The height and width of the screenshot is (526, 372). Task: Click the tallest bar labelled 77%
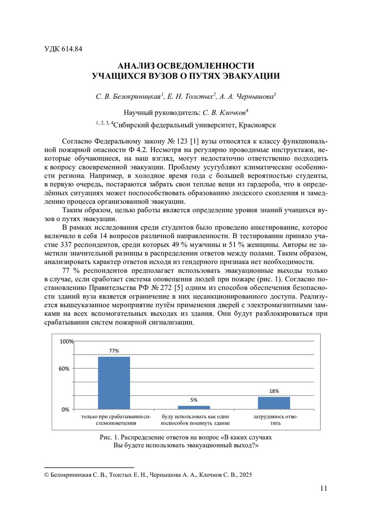pos(114,383)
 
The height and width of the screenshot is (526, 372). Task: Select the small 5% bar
pos(194,407)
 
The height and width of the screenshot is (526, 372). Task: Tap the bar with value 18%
pos(274,403)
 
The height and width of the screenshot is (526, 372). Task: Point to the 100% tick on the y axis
pos(66,342)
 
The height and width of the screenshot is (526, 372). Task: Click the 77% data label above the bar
pos(114,351)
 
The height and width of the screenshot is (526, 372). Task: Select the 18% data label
pos(274,391)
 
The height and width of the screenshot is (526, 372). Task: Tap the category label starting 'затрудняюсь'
pos(276,420)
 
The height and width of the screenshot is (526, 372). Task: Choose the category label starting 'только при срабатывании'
pos(116,420)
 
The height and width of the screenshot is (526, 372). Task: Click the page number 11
pos(324,488)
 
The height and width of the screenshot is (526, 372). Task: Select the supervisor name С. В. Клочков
pos(220,112)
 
